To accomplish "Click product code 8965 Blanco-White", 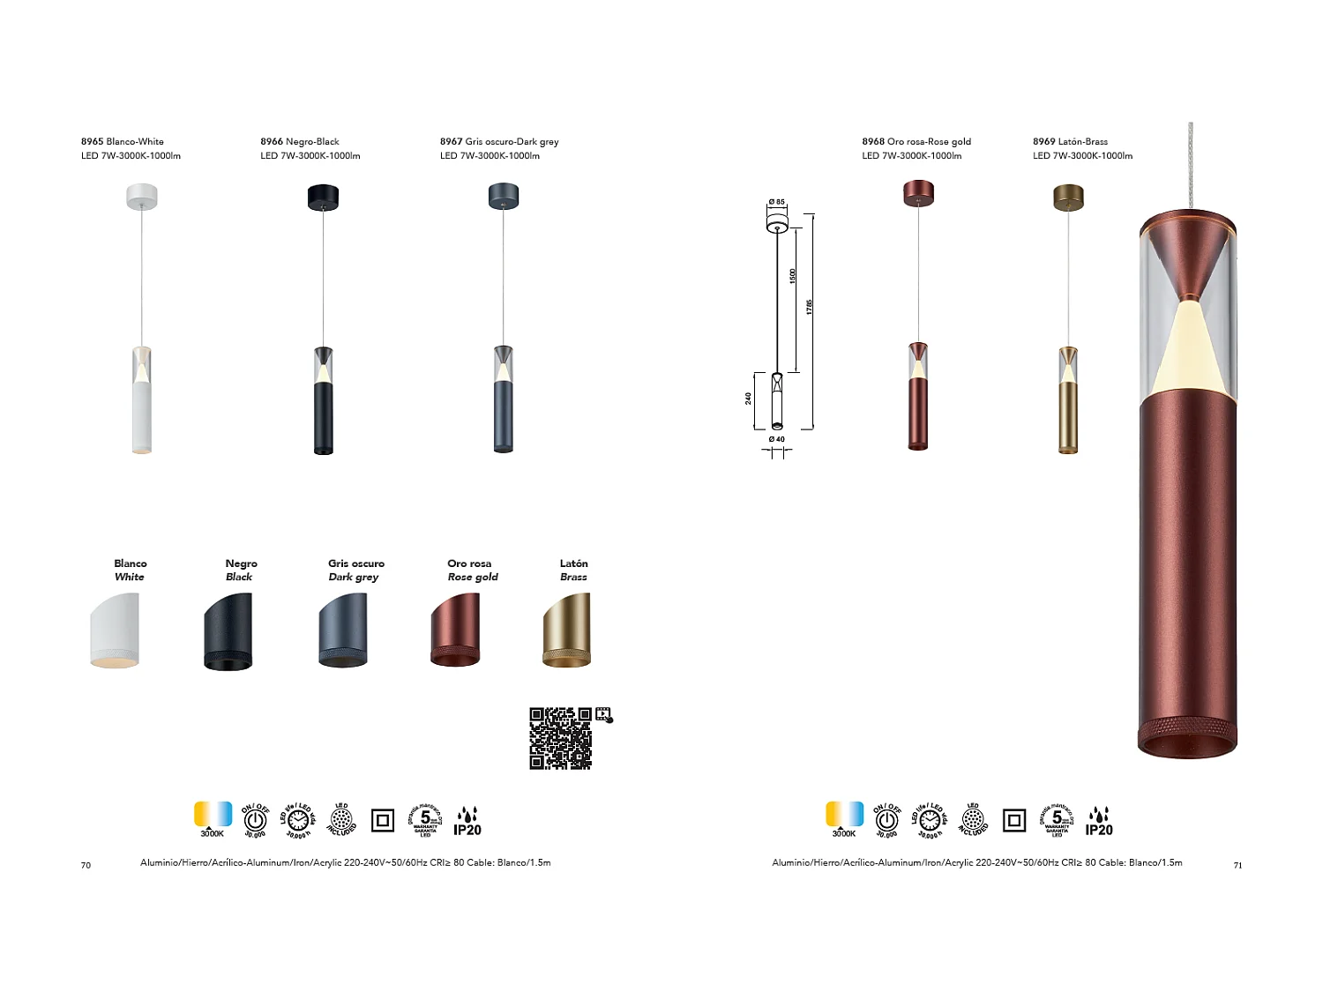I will click(x=123, y=141).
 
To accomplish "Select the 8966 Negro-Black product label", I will click(x=300, y=141).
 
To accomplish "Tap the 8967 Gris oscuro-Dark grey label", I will click(x=499, y=141).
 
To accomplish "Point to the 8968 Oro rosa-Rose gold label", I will click(x=916, y=141).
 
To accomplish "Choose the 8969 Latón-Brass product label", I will click(x=1070, y=141).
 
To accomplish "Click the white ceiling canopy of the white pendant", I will click(x=141, y=196).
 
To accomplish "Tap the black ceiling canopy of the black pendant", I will click(x=323, y=197).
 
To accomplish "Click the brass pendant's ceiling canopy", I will click(x=1068, y=197).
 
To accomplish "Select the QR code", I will click(x=561, y=738).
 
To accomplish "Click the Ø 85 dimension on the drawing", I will click(x=776, y=203).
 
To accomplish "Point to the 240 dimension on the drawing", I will click(x=749, y=399).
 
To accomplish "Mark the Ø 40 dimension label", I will click(x=776, y=439).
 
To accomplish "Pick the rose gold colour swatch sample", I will click(x=455, y=630).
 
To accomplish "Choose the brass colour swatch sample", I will click(x=566, y=630).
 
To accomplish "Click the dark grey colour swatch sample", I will click(x=343, y=630).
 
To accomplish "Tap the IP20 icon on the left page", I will click(x=467, y=822).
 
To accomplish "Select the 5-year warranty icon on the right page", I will click(x=1057, y=820).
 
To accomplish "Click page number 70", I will click(x=86, y=865).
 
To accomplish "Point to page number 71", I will click(x=1237, y=865).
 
